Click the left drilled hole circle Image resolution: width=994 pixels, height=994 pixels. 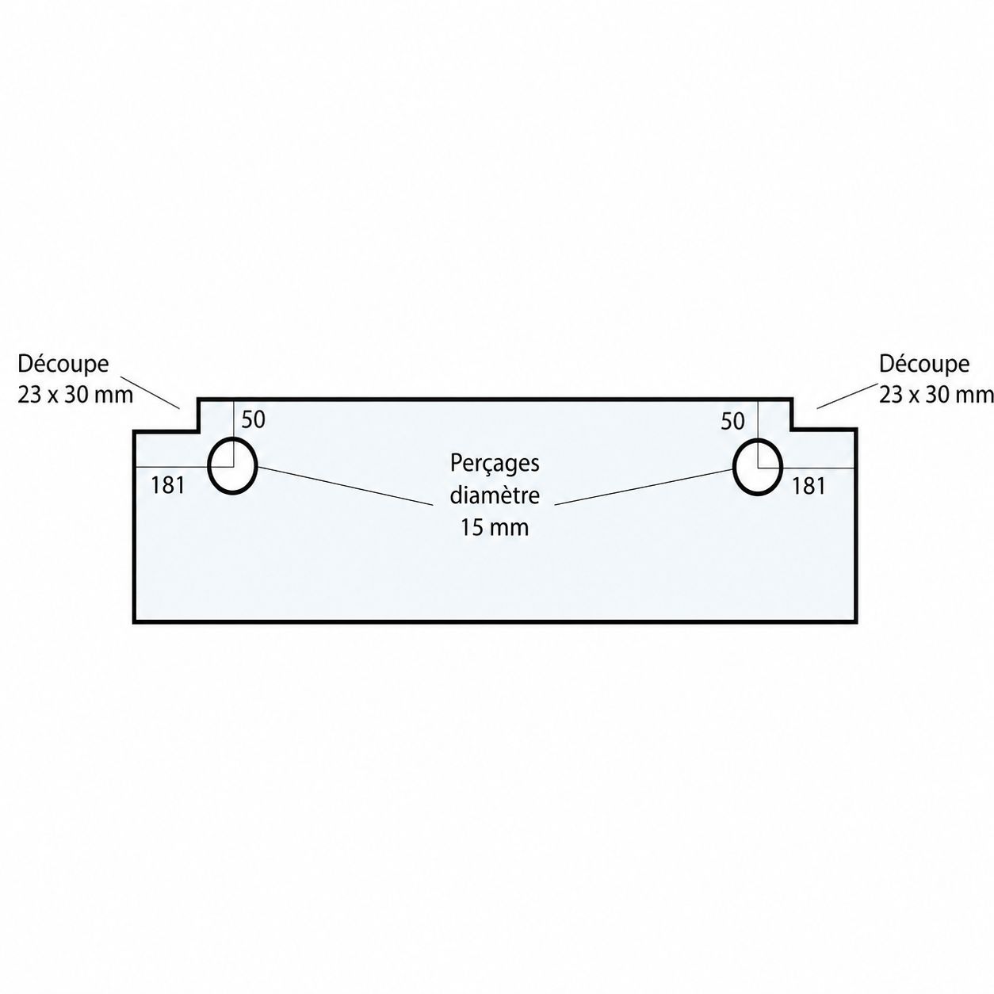tap(208, 466)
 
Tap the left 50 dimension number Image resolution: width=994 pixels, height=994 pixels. tap(254, 420)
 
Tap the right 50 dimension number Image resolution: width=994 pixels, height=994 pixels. tap(733, 422)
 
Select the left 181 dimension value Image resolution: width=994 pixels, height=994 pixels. tap(167, 485)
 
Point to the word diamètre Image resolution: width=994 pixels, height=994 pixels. tap(495, 495)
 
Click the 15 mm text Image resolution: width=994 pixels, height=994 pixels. tap(495, 528)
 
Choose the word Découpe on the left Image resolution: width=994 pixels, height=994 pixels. tap(63, 364)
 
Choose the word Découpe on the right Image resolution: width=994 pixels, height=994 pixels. tap(924, 364)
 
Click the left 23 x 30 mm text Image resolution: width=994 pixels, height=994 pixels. tap(75, 395)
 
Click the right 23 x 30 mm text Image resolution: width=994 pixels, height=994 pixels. tap(936, 395)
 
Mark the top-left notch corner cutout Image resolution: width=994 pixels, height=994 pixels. tap(166, 414)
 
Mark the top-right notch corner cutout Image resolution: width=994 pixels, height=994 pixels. tap(824, 414)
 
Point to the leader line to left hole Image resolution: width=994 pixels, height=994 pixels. tap(345, 485)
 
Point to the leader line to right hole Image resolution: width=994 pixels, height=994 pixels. tap(644, 487)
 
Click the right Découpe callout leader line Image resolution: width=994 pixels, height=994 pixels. tap(847, 396)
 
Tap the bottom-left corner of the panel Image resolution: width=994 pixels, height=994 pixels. tap(135, 621)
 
